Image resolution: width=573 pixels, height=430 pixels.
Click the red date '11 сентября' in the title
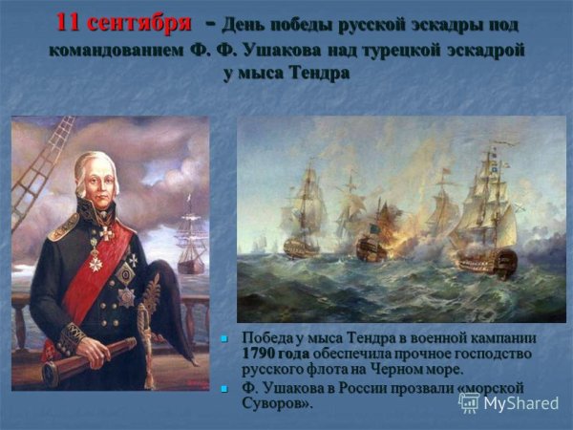coord(117,21)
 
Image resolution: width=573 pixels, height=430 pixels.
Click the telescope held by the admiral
coord(90,358)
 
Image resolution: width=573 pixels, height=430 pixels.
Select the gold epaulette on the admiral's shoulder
coord(65,227)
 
